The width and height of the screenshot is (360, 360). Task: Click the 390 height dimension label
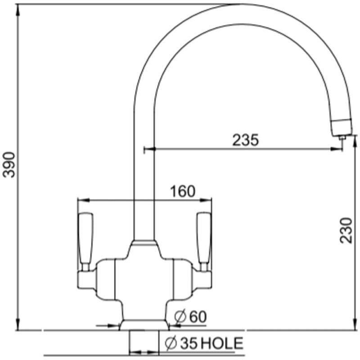click(x=9, y=165)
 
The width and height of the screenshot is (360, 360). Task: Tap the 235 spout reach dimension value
click(x=245, y=140)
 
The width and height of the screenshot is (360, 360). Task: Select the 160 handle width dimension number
click(x=183, y=191)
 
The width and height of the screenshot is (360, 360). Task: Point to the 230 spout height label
click(x=346, y=230)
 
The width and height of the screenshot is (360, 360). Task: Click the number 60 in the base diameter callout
click(x=198, y=317)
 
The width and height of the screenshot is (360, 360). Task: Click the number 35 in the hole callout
click(x=189, y=343)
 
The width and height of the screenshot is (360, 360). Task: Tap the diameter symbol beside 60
click(x=180, y=317)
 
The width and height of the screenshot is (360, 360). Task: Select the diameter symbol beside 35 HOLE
click(x=171, y=343)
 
